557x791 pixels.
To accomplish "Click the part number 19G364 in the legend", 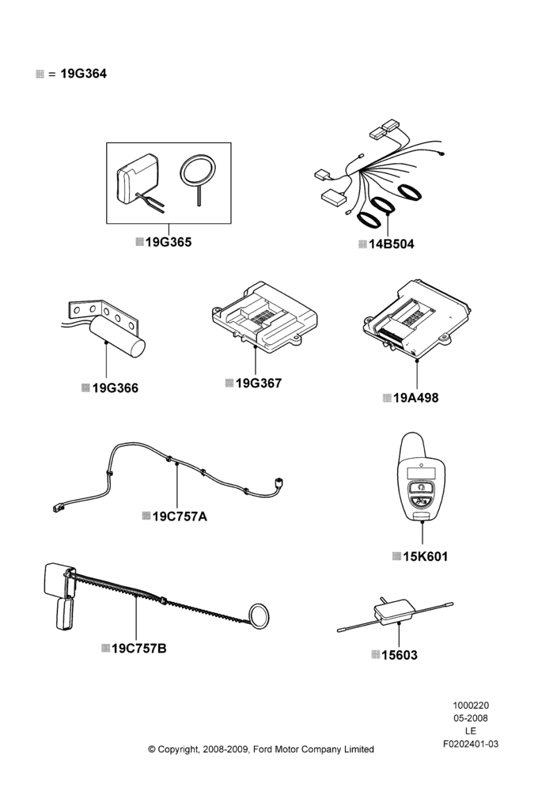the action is [83, 74].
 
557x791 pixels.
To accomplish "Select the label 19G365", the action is [169, 242].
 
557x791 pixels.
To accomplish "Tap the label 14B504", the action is [392, 244].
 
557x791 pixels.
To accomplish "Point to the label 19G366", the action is [115, 388].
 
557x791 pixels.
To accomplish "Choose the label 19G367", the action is [259, 384].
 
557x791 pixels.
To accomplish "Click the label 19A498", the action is [415, 398].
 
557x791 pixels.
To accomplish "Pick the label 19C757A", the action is [180, 517].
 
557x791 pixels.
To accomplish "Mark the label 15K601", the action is [426, 556].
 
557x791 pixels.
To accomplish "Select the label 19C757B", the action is [138, 649].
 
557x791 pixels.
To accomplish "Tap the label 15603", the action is [400, 655].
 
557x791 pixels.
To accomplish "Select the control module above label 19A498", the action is [417, 318].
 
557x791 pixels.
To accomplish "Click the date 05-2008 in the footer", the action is [470, 718].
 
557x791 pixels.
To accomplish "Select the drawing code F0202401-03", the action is [470, 744].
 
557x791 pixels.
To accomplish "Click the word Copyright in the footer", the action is [179, 750].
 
